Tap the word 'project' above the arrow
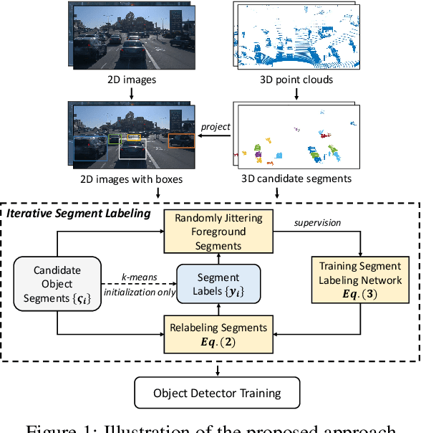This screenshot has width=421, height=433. click(216, 126)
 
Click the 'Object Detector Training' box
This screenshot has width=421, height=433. click(218, 392)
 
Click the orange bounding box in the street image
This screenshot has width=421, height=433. click(182, 141)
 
